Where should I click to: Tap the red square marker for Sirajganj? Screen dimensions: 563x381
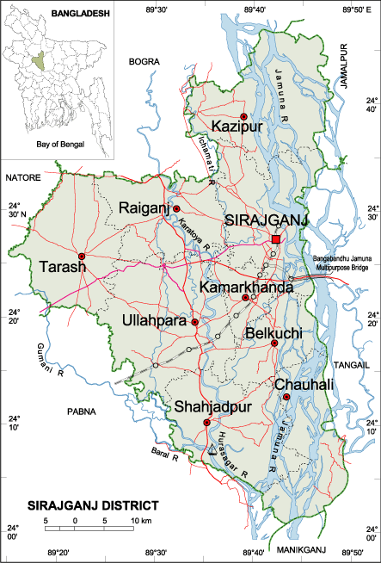click(x=276, y=238)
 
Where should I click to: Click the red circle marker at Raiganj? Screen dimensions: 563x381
click(x=176, y=209)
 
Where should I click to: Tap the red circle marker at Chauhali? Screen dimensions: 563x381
click(x=286, y=397)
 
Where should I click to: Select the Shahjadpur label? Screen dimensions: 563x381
click(x=206, y=406)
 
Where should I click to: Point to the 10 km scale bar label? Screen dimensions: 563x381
click(x=140, y=522)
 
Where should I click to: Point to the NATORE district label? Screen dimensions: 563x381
click(x=23, y=177)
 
